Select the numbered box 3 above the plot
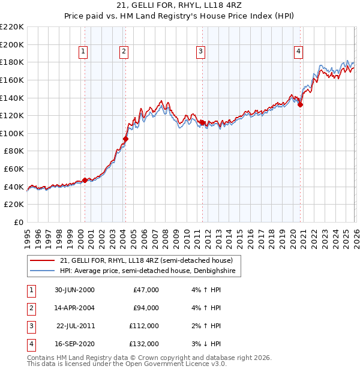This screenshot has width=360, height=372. click(x=200, y=52)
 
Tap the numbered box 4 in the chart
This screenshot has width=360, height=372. click(x=298, y=52)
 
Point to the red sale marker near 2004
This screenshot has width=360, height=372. click(x=125, y=139)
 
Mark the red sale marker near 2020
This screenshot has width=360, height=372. click(x=301, y=104)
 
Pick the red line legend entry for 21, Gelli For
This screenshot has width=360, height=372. click(x=150, y=260)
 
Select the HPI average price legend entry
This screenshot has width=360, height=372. click(x=150, y=271)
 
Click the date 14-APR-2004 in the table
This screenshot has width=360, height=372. click(x=74, y=308)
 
